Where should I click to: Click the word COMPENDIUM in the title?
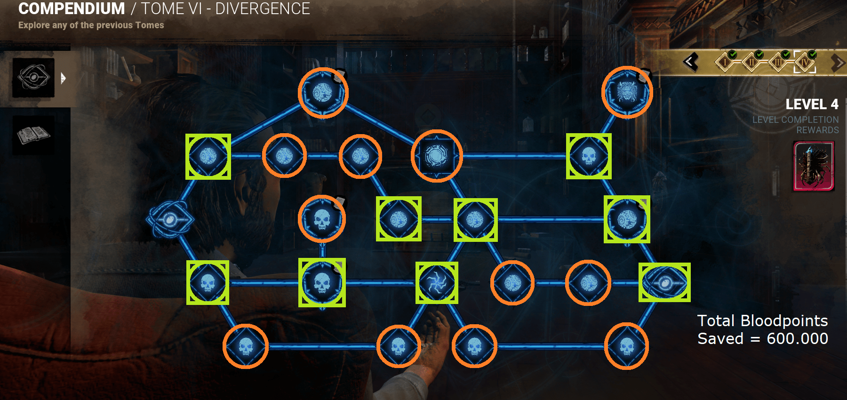point(72,9)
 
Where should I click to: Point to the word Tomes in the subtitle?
point(150,25)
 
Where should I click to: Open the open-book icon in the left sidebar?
point(33,135)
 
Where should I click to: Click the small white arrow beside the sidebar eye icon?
point(63,78)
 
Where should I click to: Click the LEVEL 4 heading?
point(812,104)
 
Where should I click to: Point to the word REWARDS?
point(817,130)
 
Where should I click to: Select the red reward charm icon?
point(814,167)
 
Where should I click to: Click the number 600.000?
point(797,339)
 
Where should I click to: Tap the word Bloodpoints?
point(784,321)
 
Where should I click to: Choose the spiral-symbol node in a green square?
point(437,283)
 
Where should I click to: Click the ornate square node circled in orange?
point(437,156)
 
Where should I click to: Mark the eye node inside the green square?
point(664,283)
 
